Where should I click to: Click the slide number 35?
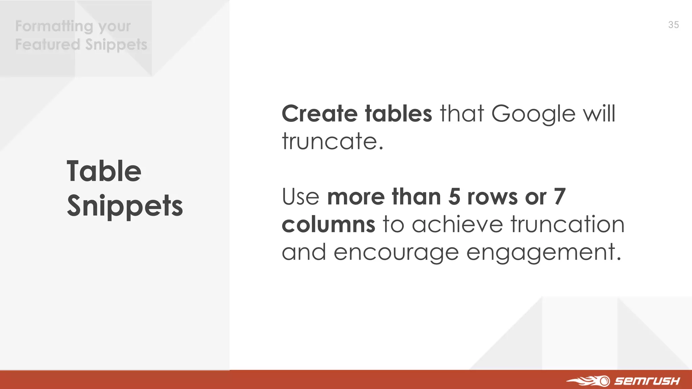pyautogui.click(x=673, y=25)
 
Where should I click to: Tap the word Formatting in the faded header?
pyautogui.click(x=54, y=26)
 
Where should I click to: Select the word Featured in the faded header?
pyautogui.click(x=48, y=44)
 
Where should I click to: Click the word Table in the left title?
pyautogui.click(x=104, y=171)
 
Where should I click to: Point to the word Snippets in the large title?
pyautogui.click(x=125, y=206)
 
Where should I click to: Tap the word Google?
pyautogui.click(x=533, y=114)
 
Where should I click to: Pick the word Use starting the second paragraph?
pyautogui.click(x=301, y=197)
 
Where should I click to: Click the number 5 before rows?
pyautogui.click(x=454, y=197)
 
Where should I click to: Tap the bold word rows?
pyautogui.click(x=492, y=197)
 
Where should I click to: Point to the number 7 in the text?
pyautogui.click(x=560, y=197)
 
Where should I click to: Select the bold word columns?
pyautogui.click(x=328, y=224)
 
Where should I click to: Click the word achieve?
pyautogui.click(x=458, y=224)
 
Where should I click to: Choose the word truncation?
pyautogui.click(x=568, y=224)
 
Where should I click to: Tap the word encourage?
pyautogui.click(x=396, y=253)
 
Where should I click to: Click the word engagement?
pyautogui.click(x=543, y=253)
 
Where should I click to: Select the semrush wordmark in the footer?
pyautogui.click(x=647, y=381)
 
